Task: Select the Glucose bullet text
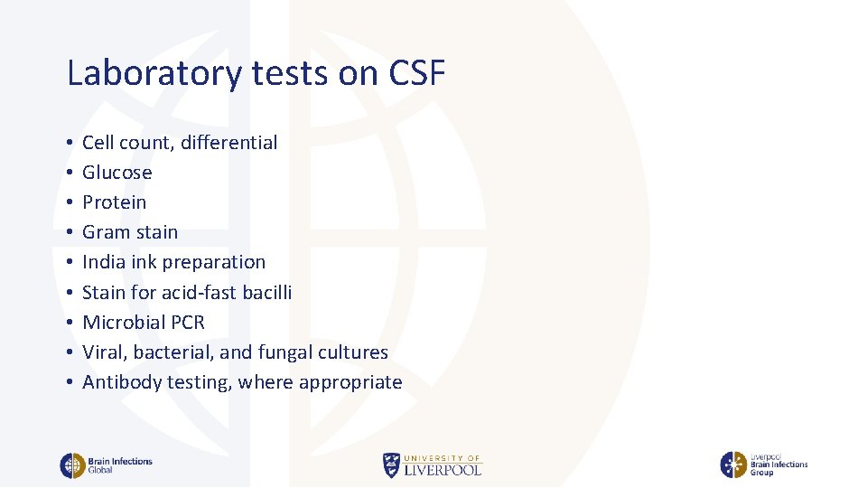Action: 117,173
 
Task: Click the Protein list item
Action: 114,202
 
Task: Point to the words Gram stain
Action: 130,232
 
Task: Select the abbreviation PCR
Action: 187,323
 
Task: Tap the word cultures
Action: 354,352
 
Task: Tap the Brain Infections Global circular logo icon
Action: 72,465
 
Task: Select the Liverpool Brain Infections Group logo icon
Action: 732,465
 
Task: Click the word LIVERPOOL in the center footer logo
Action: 443,470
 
